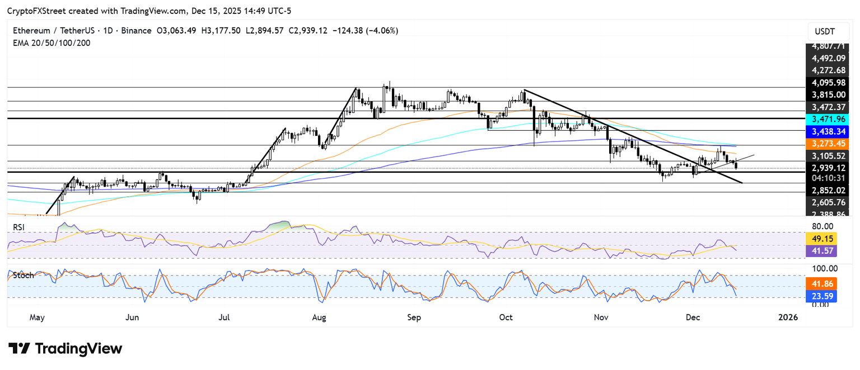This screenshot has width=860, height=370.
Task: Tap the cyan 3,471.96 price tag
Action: point(827,120)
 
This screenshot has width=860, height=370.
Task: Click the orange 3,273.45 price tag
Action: point(827,144)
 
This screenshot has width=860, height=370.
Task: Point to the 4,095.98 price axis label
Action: point(827,82)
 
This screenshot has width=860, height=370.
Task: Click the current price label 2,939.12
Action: point(827,168)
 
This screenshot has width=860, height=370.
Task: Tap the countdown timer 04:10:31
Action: point(827,178)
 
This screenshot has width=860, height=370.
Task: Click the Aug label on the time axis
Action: point(319,317)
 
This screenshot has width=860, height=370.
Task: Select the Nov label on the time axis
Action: point(601,317)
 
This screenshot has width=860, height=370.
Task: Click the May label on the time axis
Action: point(37,317)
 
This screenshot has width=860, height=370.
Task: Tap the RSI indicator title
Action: point(20,227)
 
